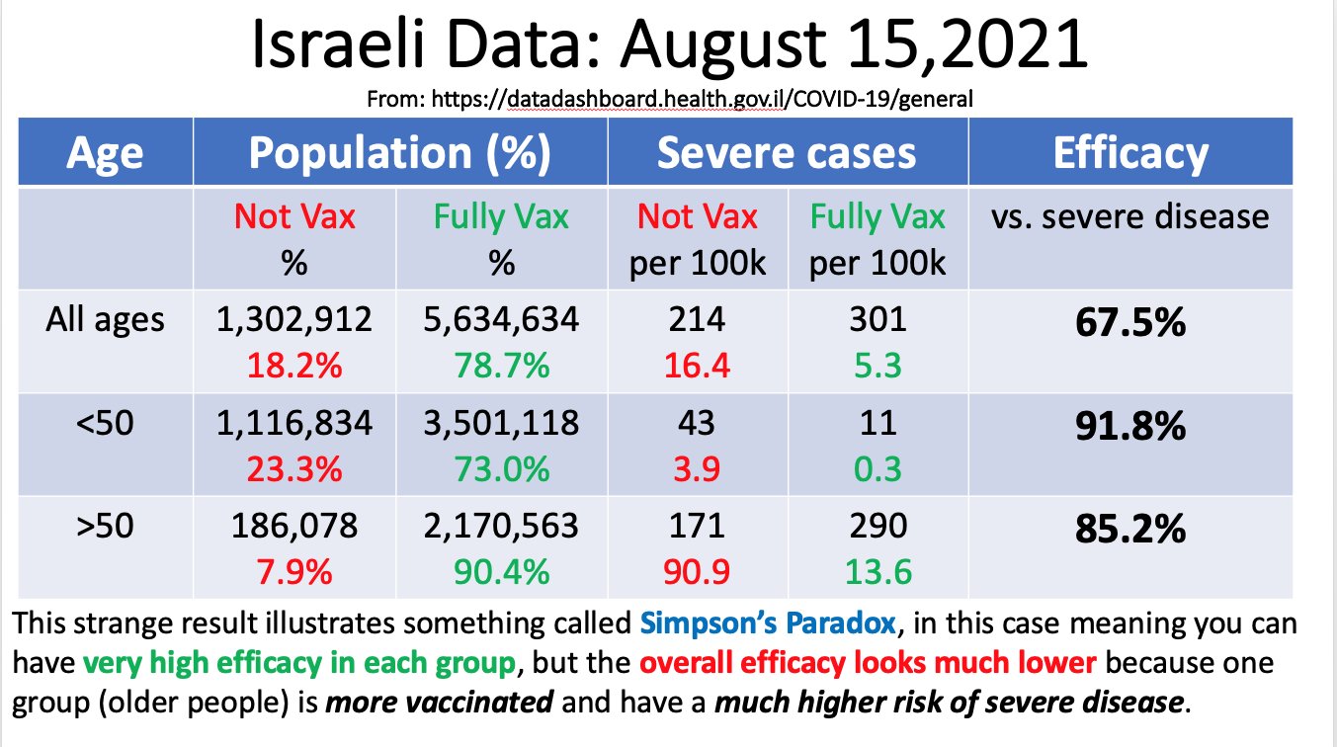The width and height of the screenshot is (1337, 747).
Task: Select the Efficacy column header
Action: [1130, 153]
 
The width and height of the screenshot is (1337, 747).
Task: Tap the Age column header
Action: [105, 153]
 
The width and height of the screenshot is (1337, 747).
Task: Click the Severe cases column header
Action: [787, 153]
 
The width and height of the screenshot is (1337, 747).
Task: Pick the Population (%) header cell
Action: [399, 153]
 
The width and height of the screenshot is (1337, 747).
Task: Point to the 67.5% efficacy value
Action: [1130, 322]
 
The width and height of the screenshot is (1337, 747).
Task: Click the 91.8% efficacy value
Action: [1130, 427]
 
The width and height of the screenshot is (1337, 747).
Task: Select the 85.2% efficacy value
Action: [1130, 530]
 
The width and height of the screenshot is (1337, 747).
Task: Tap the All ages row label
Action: [105, 319]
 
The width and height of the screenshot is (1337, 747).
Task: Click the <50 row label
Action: [105, 424]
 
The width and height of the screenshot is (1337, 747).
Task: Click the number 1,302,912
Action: [293, 320]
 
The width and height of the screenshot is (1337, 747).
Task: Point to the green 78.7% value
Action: [501, 365]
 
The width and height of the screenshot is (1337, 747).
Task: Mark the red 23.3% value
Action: [293, 467]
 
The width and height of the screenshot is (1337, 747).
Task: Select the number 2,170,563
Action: [501, 526]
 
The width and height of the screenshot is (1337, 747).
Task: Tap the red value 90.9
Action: [697, 571]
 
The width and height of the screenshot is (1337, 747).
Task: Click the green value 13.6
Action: [876, 571]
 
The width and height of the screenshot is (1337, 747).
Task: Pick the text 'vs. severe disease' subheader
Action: [1130, 216]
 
